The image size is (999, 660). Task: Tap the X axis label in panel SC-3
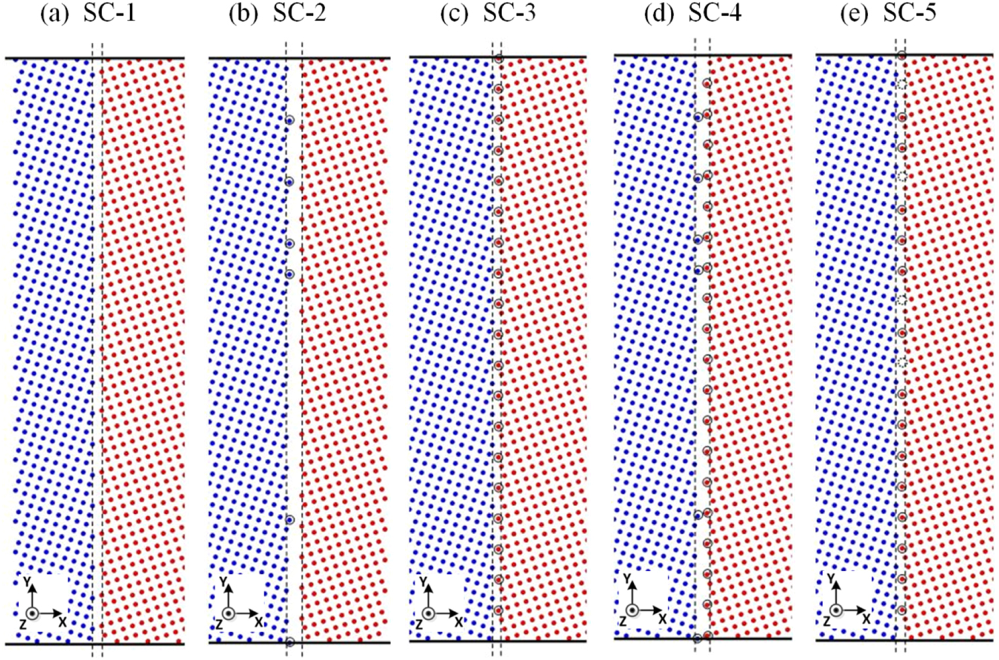458,621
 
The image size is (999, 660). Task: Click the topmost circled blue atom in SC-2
290,120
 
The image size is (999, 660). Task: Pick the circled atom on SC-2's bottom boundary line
290,642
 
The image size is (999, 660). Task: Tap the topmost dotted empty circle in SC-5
902,84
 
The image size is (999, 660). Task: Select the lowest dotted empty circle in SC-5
902,362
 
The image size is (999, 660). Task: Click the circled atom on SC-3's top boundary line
498,59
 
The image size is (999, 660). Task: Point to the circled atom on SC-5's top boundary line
902,56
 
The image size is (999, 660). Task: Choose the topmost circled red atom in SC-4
707,83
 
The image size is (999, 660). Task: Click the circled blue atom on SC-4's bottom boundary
698,638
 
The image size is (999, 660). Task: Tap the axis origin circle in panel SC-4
632,611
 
